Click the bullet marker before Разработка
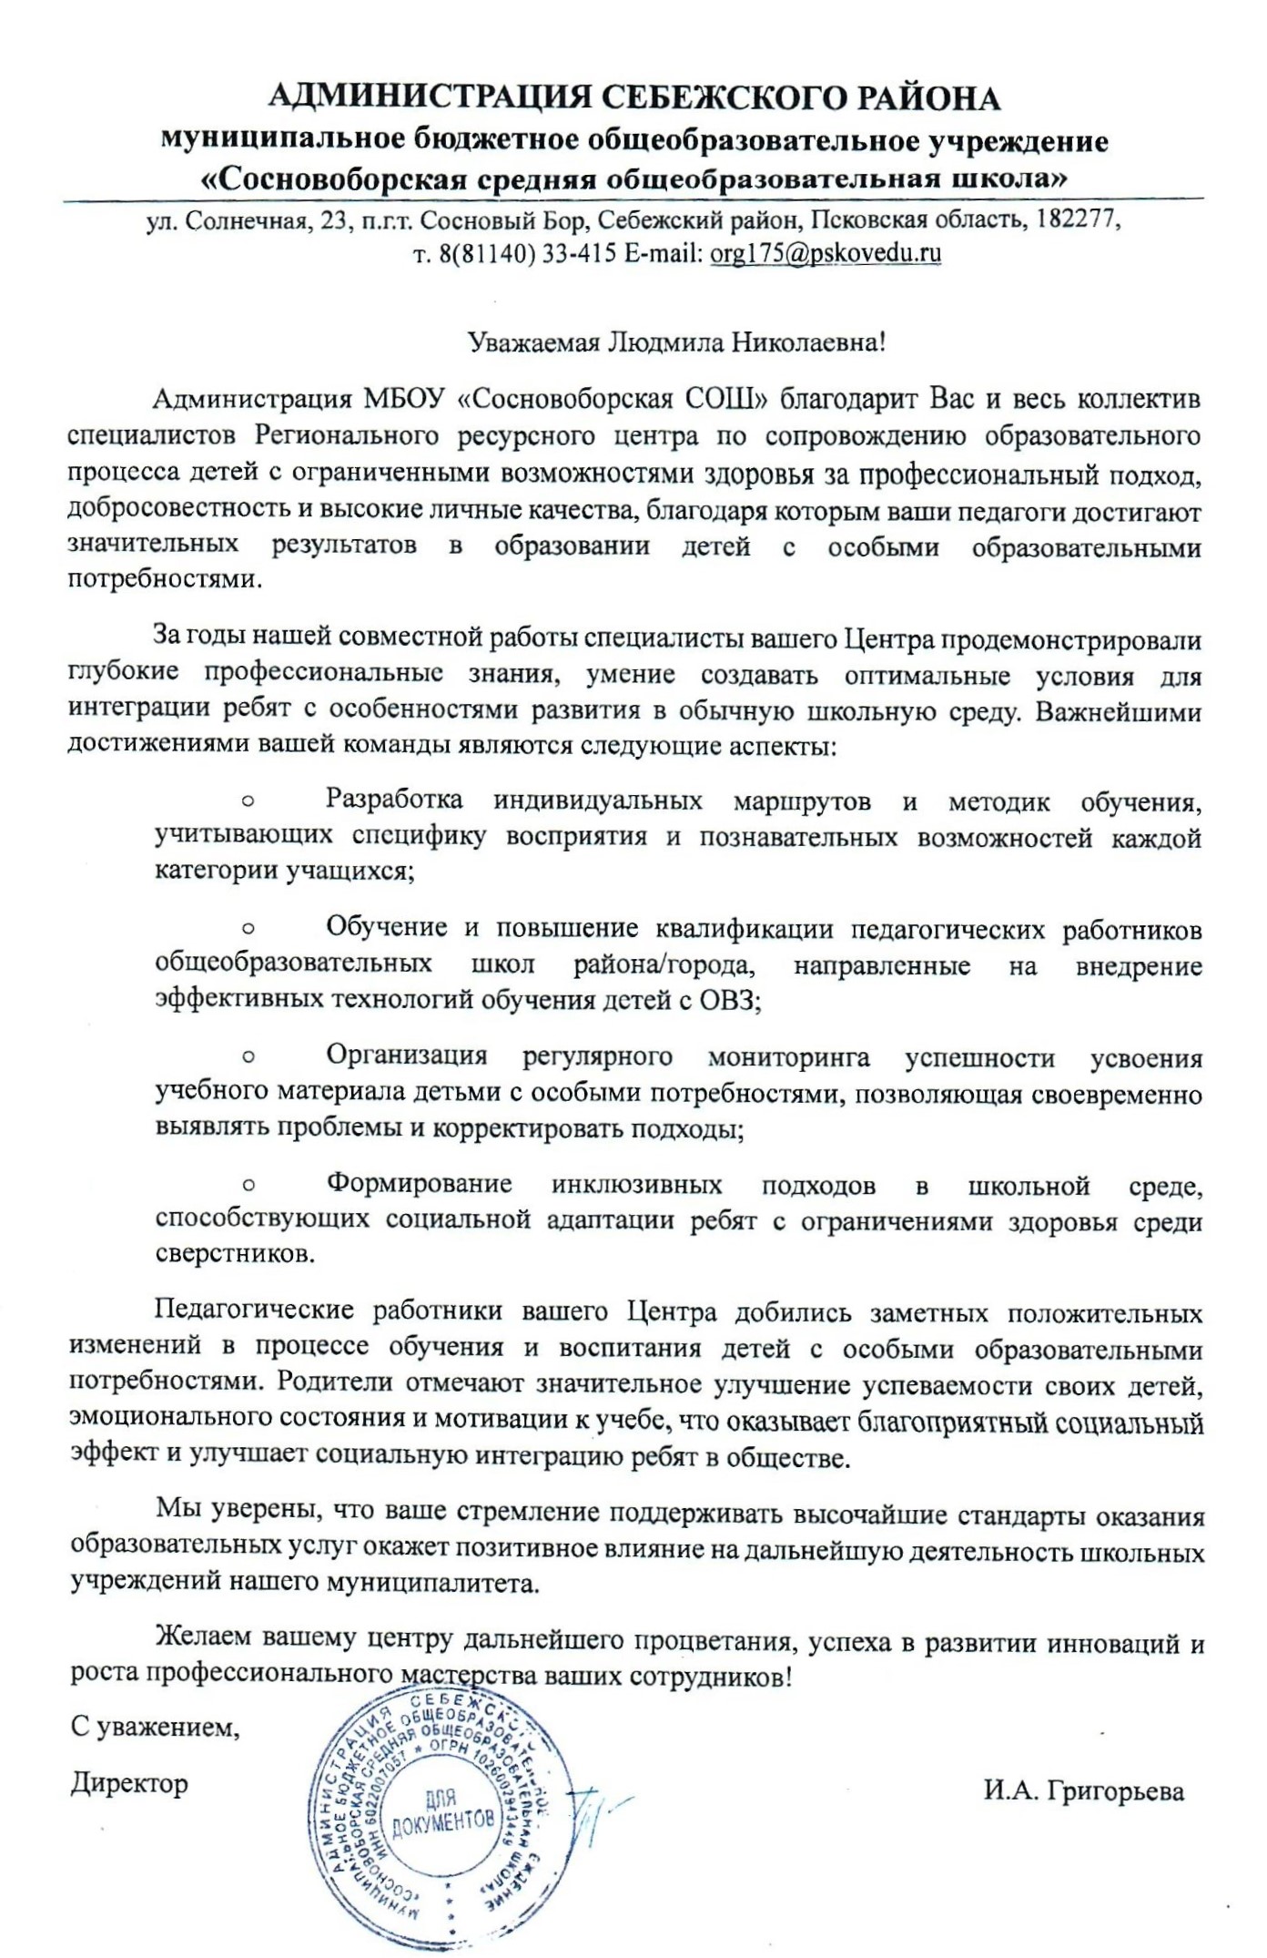248,801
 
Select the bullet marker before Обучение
248,929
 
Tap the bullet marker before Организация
248,1057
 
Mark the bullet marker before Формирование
248,1186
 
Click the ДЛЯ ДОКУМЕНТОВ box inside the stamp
442,1812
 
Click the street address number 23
338,220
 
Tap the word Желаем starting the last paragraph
204,1639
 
